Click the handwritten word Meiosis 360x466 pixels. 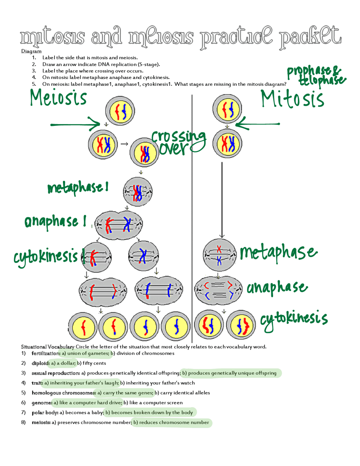(x=58, y=98)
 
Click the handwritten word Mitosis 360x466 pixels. (x=292, y=99)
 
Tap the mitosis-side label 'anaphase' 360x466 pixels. (x=277, y=287)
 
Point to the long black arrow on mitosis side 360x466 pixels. (x=222, y=200)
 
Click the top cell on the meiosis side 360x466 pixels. (x=120, y=111)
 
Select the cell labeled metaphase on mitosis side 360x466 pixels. (x=219, y=255)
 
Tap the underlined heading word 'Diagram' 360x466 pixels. (x=31, y=51)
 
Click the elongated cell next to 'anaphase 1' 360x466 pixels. (x=118, y=225)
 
